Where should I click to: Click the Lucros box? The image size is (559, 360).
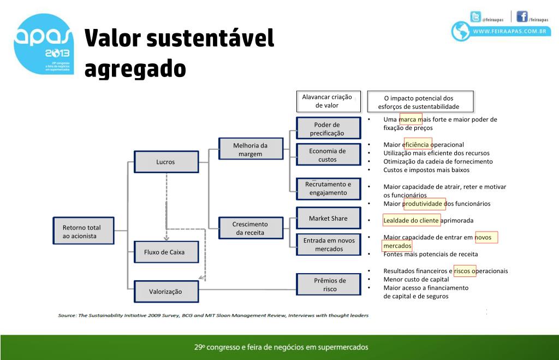point(165,162)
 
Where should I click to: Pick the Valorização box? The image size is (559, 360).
point(165,292)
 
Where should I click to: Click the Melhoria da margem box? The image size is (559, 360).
point(250,150)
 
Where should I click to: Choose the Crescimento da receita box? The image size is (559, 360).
point(250,228)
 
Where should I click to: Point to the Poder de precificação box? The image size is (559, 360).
point(328,129)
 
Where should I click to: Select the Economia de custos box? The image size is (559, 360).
point(328,155)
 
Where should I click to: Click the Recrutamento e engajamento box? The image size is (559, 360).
point(328,188)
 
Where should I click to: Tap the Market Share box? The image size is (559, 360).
point(328,219)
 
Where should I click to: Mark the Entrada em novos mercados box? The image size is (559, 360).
point(329,245)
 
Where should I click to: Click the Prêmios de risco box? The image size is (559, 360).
point(330,285)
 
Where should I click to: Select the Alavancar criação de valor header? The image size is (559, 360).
point(327,101)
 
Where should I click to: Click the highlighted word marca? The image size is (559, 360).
point(411,119)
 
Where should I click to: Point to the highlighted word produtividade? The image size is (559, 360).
point(424,204)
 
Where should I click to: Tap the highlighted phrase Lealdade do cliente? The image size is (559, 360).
point(411,221)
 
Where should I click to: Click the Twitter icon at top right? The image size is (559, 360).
point(476,16)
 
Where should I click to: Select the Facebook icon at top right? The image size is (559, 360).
point(522,16)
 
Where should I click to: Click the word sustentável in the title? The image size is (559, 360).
point(210,39)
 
